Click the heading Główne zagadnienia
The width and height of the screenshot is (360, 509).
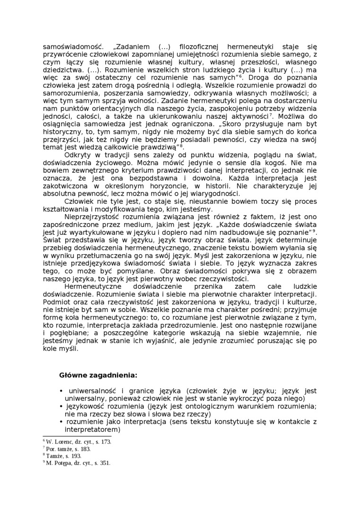(x=99, y=375)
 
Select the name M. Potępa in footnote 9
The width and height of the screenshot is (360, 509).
(x=59, y=463)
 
